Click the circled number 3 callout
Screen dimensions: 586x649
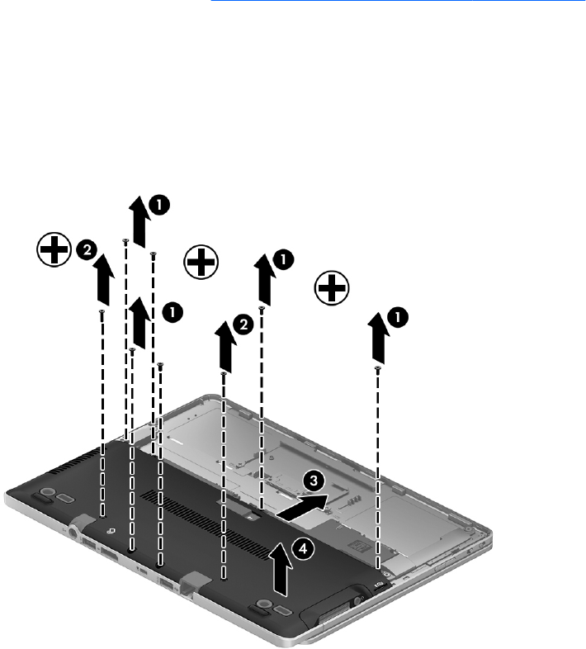(314, 481)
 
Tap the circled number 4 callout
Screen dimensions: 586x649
(304, 549)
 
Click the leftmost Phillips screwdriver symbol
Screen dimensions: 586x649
(54, 249)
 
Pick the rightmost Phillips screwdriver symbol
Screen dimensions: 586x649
(332, 288)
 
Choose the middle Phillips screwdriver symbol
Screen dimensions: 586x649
(201, 262)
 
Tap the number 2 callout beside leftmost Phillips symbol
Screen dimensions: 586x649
(87, 250)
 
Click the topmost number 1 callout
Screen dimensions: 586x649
(159, 205)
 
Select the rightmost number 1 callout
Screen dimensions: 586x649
(398, 317)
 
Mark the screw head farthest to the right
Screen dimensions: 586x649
(377, 368)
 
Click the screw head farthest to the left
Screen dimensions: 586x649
(102, 311)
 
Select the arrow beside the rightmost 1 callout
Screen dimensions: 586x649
(377, 339)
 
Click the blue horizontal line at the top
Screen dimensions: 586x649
(398, 1)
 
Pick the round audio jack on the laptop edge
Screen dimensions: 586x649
(74, 532)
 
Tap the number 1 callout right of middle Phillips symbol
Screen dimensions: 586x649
(283, 259)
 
